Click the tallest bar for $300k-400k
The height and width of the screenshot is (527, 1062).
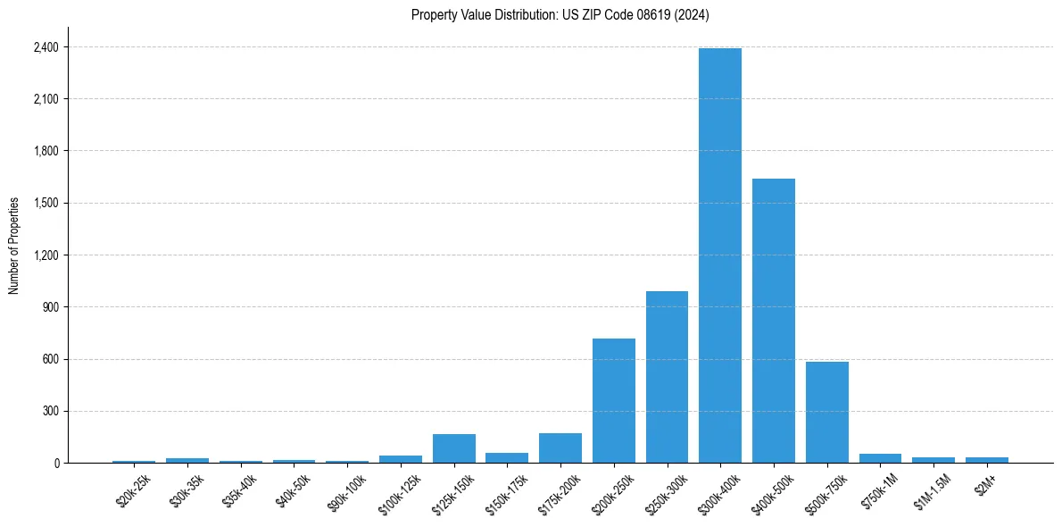720,255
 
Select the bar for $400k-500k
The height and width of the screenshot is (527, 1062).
773,321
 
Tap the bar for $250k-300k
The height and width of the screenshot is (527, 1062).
667,377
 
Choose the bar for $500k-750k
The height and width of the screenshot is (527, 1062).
826,412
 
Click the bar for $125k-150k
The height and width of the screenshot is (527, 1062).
454,448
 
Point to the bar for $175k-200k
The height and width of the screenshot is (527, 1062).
560,448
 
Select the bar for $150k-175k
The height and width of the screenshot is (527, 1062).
507,457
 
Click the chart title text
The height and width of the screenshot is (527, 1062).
560,15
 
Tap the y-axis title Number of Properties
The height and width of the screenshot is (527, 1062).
14,245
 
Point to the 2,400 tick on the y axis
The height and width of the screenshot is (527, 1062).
46,46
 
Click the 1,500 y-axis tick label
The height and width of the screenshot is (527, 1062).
46,203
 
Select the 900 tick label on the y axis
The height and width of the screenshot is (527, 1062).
51,307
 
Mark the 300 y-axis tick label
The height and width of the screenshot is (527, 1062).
51,411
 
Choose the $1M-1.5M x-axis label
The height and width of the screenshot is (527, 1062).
933,489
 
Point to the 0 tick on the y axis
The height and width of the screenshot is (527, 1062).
56,463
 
